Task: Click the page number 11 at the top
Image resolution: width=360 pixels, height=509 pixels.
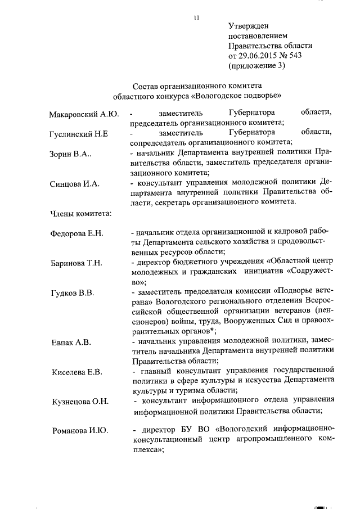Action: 196,17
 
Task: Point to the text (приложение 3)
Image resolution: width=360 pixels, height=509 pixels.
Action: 257,66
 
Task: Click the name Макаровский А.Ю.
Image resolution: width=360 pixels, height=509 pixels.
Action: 84,115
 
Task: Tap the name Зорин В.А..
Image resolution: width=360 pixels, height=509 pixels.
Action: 74,154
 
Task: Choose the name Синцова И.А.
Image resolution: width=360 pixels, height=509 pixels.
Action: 75,184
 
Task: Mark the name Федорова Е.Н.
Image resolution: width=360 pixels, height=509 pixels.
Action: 76,233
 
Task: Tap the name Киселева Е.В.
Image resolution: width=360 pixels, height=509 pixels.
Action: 76,372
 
